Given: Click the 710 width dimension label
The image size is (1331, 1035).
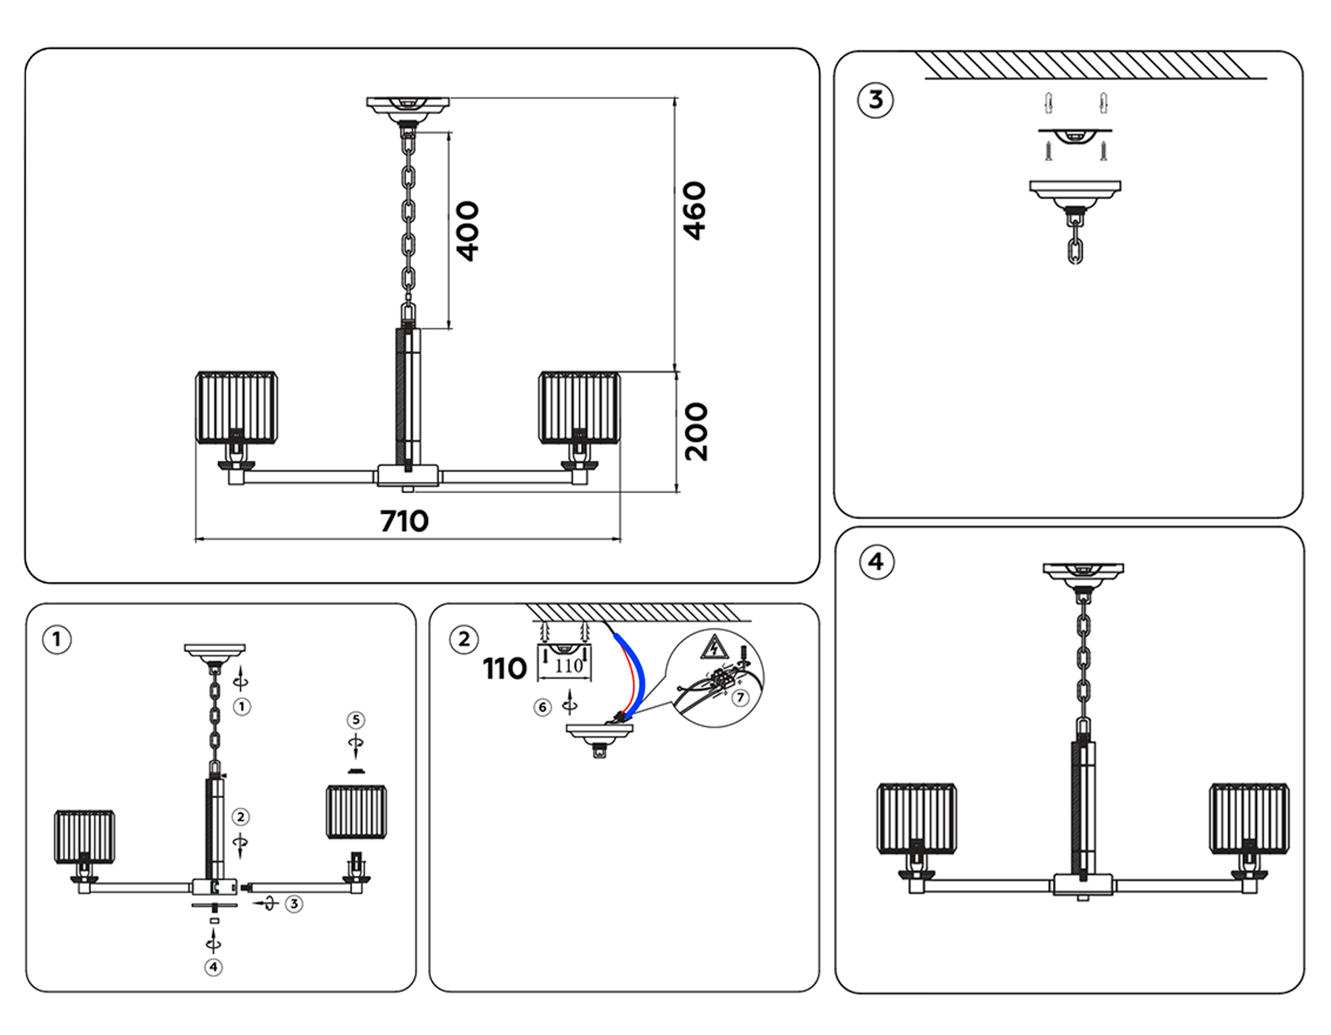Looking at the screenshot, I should [x=404, y=521].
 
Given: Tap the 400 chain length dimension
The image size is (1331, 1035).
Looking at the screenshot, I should [x=467, y=231].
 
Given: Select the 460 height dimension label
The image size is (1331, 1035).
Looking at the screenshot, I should [x=694, y=211].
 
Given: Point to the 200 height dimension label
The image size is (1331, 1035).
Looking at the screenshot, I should [x=696, y=432].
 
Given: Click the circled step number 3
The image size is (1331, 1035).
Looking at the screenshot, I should [x=876, y=100].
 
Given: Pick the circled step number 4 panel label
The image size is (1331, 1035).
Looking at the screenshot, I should [x=876, y=562].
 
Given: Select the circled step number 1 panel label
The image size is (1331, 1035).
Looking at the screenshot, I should [x=57, y=639].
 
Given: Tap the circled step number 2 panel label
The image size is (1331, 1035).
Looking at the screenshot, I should [x=464, y=639].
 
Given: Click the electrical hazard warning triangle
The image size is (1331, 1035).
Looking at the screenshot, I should [x=713, y=648].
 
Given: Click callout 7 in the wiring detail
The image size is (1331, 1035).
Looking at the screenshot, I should [x=740, y=698].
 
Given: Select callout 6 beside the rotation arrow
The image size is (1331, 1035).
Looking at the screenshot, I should [x=543, y=707].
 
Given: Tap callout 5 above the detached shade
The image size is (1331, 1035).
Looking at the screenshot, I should [x=356, y=720].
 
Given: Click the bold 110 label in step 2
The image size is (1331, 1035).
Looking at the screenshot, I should [x=504, y=669].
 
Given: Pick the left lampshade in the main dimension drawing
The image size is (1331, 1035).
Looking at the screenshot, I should [x=237, y=408].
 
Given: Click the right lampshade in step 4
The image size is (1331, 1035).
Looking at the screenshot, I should [x=1249, y=819].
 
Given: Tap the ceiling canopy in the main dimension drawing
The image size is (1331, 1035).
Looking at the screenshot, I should [x=408, y=105].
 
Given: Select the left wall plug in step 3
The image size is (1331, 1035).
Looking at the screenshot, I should [x=1048, y=103].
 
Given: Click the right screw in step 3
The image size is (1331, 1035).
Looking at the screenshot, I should [x=1103, y=152].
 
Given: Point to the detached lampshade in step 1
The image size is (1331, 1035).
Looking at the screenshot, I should [x=356, y=812].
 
